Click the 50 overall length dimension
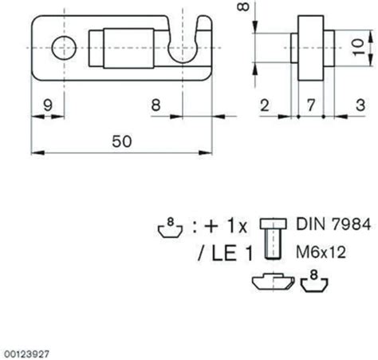pyautogui.click(x=122, y=140)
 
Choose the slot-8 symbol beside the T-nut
pyautogui.click(x=314, y=280)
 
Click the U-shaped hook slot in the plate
pyautogui.click(x=186, y=45)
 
